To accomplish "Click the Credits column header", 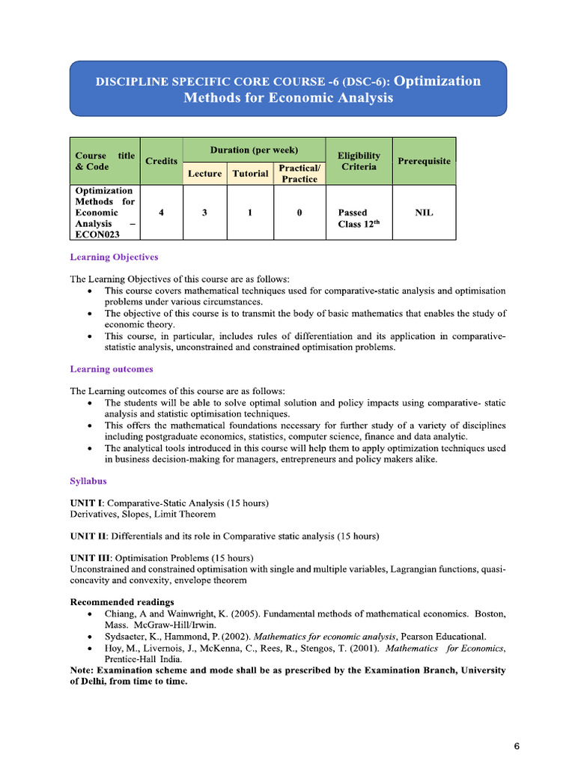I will pyautogui.click(x=161, y=161).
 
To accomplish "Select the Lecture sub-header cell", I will pyautogui.click(x=204, y=173).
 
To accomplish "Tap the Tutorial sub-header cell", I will pyautogui.click(x=250, y=173).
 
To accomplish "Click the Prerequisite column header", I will pyautogui.click(x=424, y=161).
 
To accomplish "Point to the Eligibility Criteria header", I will pyautogui.click(x=359, y=161).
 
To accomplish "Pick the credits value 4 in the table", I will pyautogui.click(x=161, y=213).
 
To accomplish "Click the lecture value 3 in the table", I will pyautogui.click(x=204, y=213).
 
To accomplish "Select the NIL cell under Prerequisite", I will pyautogui.click(x=424, y=213).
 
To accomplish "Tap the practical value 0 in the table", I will pyautogui.click(x=299, y=213).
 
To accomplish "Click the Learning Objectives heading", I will pyautogui.click(x=114, y=257).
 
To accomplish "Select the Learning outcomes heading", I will pyautogui.click(x=112, y=369).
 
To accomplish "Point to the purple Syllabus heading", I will pyautogui.click(x=88, y=480).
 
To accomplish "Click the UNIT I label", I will pyautogui.click(x=86, y=502).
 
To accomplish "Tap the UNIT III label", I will pyautogui.click(x=90, y=558).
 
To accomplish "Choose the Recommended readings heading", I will pyautogui.click(x=121, y=602).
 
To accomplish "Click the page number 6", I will pyautogui.click(x=517, y=746).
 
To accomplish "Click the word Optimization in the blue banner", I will pyautogui.click(x=436, y=81).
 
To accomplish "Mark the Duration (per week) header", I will pyautogui.click(x=254, y=150).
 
